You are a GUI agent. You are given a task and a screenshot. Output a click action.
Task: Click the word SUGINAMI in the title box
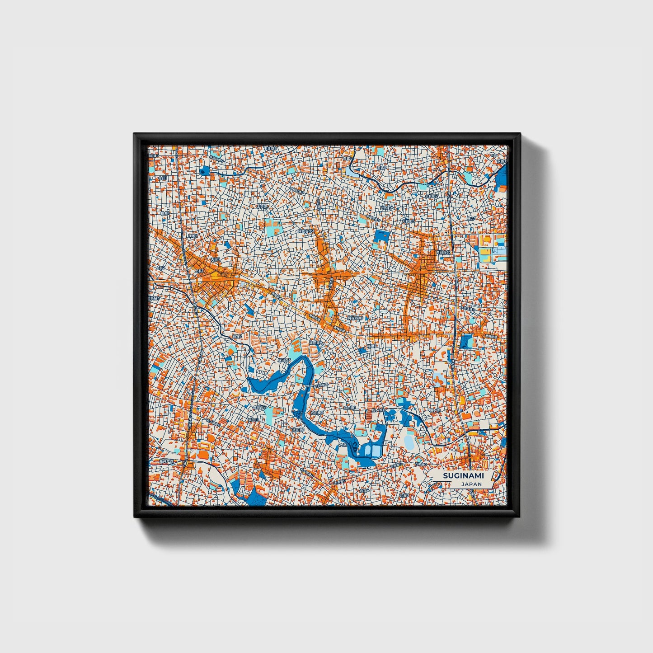click(x=463, y=475)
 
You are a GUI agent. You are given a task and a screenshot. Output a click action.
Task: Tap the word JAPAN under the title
click(x=471, y=484)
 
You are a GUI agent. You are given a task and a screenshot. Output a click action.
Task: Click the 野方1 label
click(x=471, y=219)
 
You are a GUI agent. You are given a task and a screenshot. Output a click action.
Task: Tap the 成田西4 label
click(x=284, y=360)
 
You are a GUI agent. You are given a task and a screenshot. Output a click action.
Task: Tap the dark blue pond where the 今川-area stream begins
click(x=204, y=171)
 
